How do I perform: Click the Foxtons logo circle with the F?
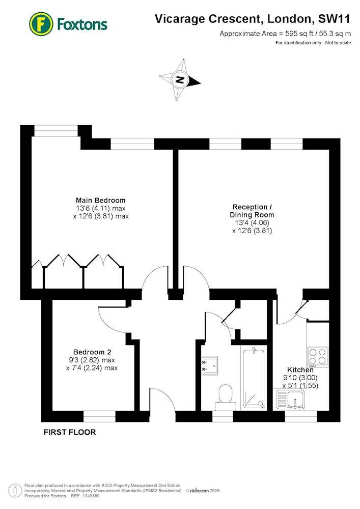point(41,24)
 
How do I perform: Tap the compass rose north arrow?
point(180,79)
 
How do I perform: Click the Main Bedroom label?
point(101,200)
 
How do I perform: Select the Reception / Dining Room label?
point(252,211)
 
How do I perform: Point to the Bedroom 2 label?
point(92,352)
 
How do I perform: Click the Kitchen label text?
point(300,370)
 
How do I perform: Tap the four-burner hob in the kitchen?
point(318,357)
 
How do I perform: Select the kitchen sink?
point(291,399)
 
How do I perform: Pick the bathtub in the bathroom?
point(254,378)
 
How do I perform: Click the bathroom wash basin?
point(210,365)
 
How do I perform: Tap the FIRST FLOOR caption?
point(70,432)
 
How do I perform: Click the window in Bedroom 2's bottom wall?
point(100,416)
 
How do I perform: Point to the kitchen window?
point(301,416)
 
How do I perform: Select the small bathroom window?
point(223,416)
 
